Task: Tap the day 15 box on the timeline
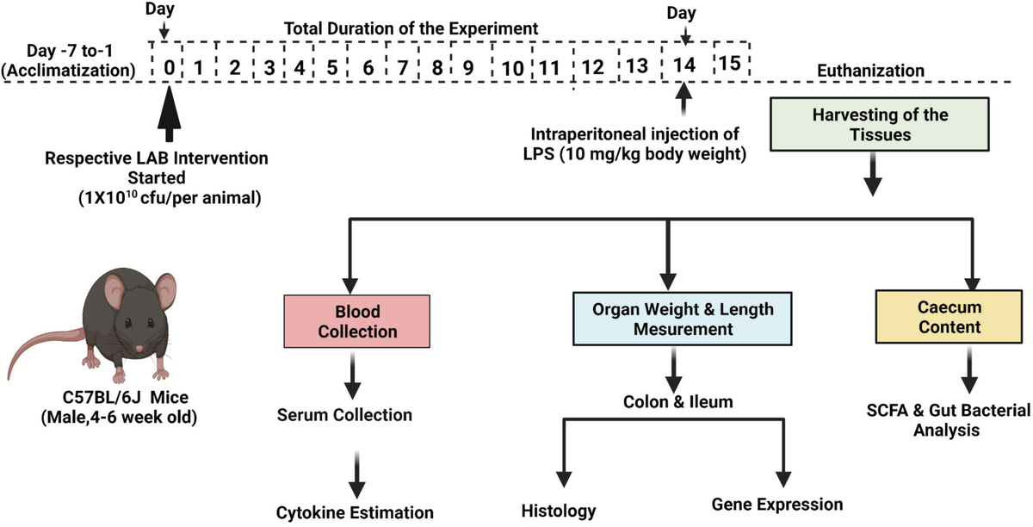pos(730,63)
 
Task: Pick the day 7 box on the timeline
pos(402,66)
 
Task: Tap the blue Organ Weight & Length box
pos(671,319)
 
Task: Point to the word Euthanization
pos(873,71)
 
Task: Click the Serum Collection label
pos(344,415)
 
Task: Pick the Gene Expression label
pos(777,505)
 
